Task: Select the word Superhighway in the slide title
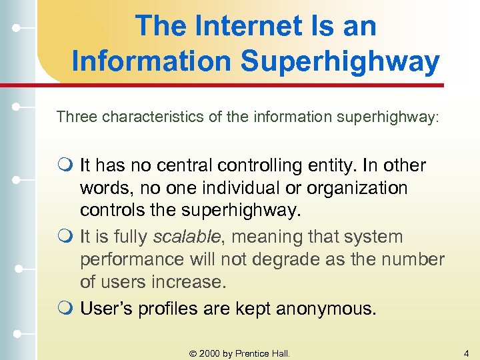coord(340,61)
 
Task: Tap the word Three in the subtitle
coord(75,117)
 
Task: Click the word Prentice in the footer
coord(253,353)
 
